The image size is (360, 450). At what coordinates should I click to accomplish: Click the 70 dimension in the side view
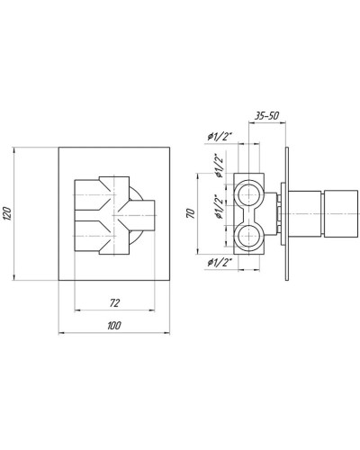189,214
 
